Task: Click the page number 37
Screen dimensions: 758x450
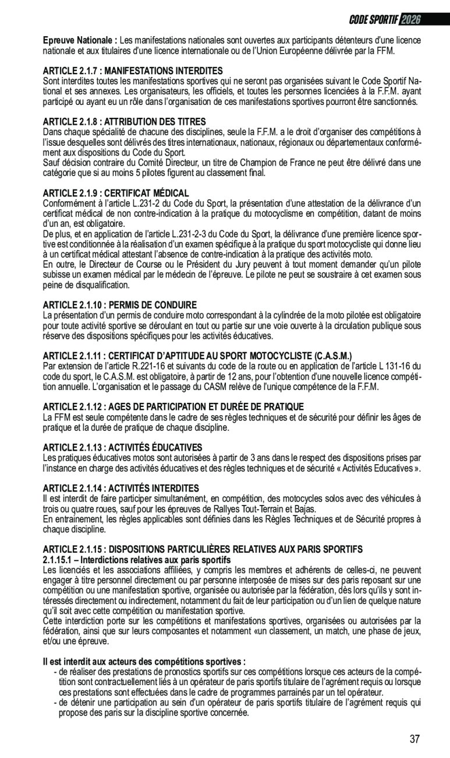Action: coord(414,739)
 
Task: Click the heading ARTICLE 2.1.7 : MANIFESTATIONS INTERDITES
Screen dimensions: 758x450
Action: coord(133,70)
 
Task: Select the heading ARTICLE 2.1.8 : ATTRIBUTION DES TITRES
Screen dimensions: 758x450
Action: coord(124,122)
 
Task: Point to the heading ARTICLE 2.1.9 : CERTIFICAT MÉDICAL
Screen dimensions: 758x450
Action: coord(116,192)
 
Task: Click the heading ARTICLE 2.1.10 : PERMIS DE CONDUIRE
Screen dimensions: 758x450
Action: coord(120,304)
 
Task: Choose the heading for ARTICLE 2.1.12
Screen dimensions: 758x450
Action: coord(173,406)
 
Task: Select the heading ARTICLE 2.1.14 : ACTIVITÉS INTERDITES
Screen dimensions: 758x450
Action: coord(121,488)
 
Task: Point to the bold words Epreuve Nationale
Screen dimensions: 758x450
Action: coord(80,40)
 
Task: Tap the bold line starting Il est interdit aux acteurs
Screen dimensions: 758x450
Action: coord(144,662)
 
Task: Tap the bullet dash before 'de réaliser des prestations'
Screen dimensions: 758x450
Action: coord(55,672)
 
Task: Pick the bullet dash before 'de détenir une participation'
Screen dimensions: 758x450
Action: coord(55,702)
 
